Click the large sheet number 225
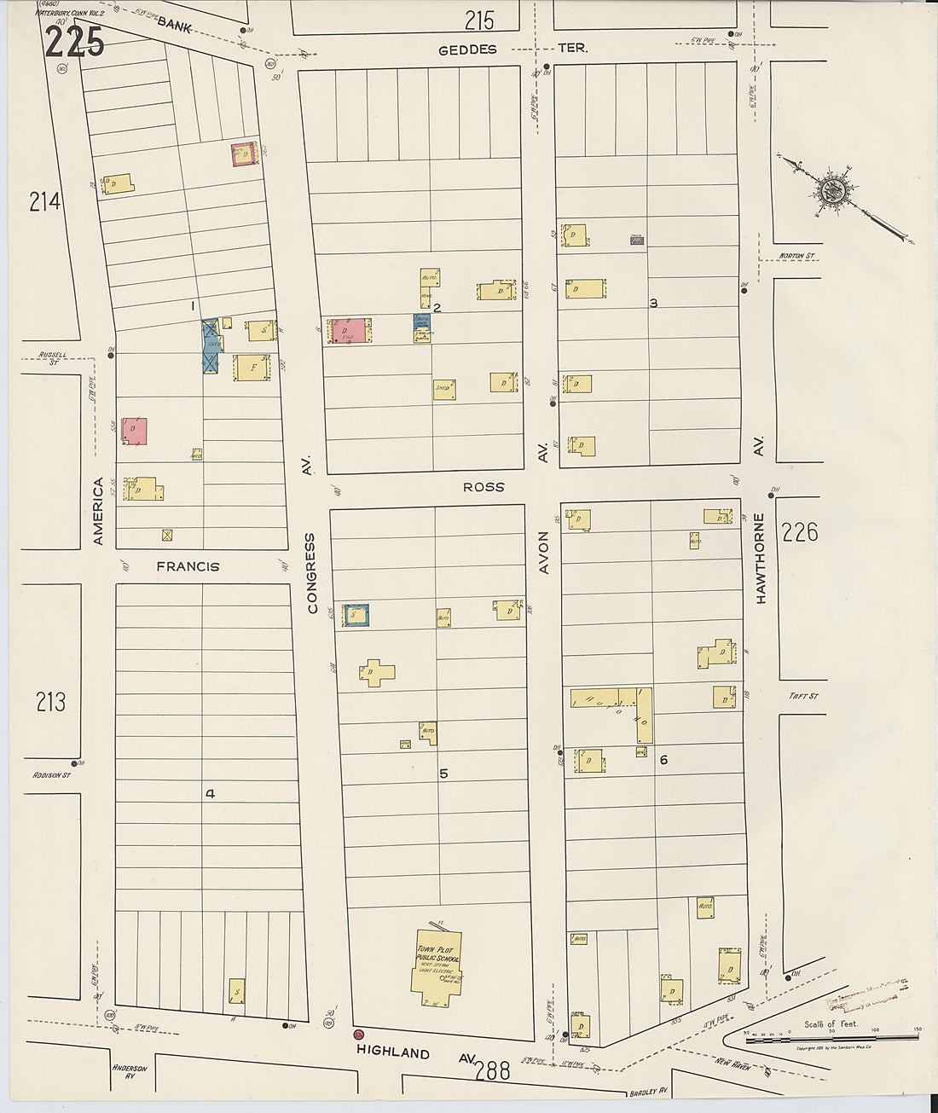(x=74, y=42)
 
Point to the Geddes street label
(x=466, y=49)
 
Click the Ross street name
(x=483, y=487)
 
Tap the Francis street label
(x=188, y=566)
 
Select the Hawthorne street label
(x=759, y=559)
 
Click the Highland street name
(x=393, y=1052)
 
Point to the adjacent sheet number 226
(x=799, y=532)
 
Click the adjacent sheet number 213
(x=50, y=702)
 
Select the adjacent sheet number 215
(x=479, y=20)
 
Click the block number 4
(x=210, y=794)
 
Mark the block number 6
(x=663, y=760)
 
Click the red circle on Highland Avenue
(x=358, y=1035)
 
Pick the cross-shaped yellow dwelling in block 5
(x=375, y=672)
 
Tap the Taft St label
(x=802, y=696)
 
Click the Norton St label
(x=796, y=255)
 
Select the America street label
(x=97, y=511)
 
